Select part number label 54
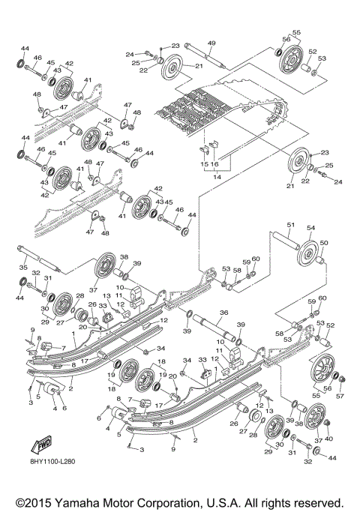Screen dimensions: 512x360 310,228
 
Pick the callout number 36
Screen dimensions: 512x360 223,313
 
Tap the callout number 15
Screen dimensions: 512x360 203,163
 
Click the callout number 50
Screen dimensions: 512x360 324,244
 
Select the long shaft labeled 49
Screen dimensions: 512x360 205,56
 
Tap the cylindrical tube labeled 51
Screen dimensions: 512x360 284,242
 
